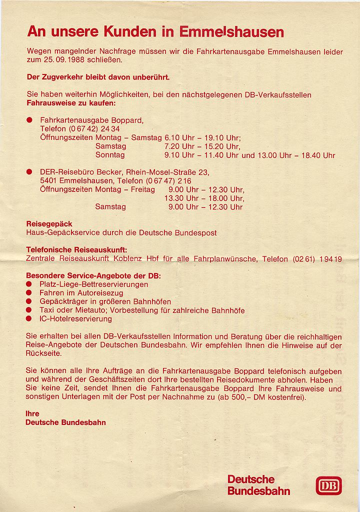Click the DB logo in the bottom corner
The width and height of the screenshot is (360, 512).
pos(328,485)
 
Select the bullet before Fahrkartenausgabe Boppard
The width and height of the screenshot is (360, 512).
pos(29,120)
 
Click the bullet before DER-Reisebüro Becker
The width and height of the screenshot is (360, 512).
pos(29,172)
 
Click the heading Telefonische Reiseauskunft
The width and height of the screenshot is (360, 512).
pos(76,250)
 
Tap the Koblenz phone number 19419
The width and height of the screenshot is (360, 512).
pos(331,259)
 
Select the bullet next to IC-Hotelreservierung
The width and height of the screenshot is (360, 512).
pos(29,318)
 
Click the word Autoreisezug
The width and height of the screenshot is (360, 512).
pos(99,293)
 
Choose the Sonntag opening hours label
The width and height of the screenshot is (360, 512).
pos(110,155)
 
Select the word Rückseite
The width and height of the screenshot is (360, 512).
pos(44,353)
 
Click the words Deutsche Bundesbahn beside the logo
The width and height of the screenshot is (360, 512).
pos(258,485)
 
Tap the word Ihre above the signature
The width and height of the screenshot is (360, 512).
pos(32,414)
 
